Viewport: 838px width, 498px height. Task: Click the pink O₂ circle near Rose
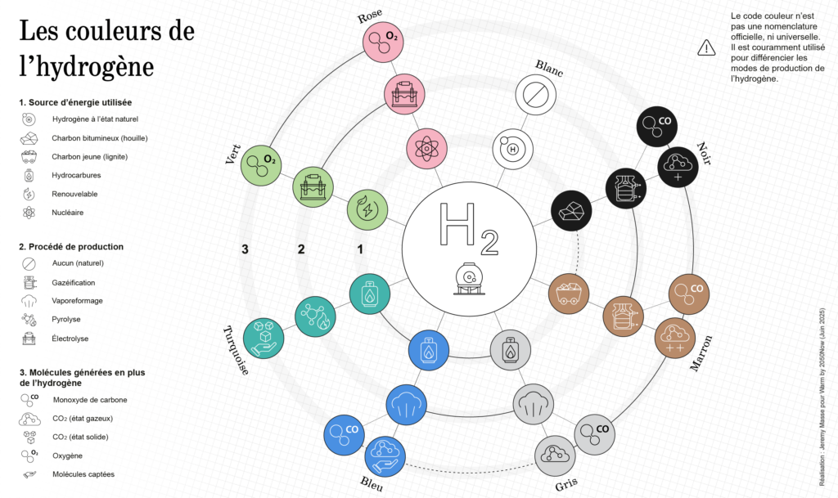tap(383, 42)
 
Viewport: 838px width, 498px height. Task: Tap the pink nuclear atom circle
tap(426, 148)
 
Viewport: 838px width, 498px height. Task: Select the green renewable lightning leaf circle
tap(367, 210)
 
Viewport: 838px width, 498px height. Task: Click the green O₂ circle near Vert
tap(261, 165)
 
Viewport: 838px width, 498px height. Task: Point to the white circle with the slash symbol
tap(535, 95)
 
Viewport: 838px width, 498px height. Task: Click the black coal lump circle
tap(571, 211)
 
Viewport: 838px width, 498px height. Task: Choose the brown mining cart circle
tap(569, 294)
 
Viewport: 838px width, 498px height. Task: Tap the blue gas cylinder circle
tap(429, 350)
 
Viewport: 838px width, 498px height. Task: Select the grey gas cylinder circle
tap(511, 350)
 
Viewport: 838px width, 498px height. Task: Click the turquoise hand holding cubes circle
tap(264, 339)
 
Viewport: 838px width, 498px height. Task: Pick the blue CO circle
tap(345, 435)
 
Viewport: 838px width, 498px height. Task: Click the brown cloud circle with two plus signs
tap(675, 338)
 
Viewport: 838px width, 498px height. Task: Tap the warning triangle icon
tap(706, 48)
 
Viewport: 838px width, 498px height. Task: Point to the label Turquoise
tap(237, 351)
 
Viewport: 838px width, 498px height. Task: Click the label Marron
tap(701, 352)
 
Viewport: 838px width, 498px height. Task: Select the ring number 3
tap(245, 249)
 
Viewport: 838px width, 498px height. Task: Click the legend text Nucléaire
tap(68, 213)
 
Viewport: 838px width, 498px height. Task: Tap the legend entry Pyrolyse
tap(66, 319)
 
